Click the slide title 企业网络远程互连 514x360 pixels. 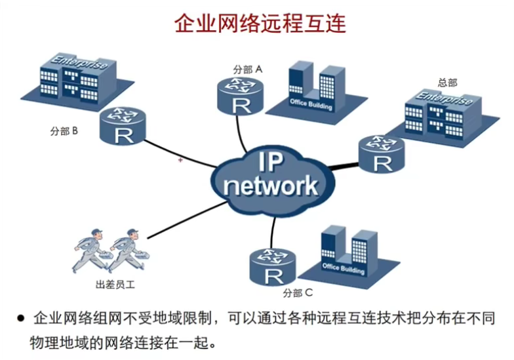point(260,24)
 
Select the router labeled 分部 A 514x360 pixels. point(241,96)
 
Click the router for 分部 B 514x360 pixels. point(123,126)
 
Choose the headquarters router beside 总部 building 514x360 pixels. point(382,154)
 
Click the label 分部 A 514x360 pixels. point(248,70)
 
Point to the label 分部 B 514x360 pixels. point(64,131)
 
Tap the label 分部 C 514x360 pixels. point(298,292)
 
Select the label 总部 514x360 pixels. point(447,83)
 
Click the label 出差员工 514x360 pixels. point(115,285)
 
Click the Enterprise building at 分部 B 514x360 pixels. point(77,80)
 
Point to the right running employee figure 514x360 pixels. point(128,250)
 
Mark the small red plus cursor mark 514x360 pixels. point(180,160)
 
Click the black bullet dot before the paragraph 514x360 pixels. point(21,318)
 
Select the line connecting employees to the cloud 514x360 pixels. point(188,220)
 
